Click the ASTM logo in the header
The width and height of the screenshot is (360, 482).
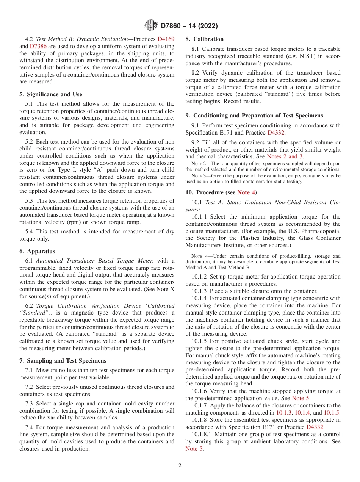151,26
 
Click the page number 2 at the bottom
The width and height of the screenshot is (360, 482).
180,466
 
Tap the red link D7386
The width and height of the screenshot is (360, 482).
37,46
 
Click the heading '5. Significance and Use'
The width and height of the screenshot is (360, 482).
51,94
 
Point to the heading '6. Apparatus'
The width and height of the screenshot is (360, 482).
37,251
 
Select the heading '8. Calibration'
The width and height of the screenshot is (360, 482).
204,39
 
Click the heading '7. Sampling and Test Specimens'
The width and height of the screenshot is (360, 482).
63,361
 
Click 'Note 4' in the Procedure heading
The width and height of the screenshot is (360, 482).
246,192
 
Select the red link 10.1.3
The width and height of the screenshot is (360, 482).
284,413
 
